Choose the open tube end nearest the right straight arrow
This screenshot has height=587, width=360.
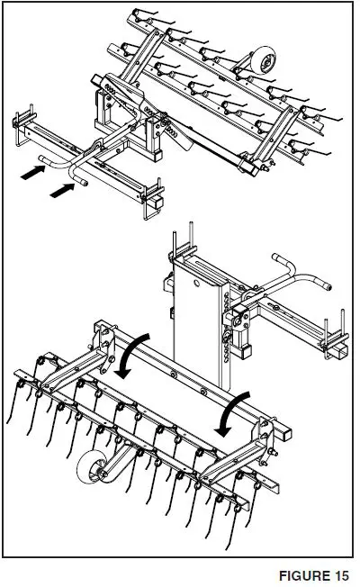tap(82, 184)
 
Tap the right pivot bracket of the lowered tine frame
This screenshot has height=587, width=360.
tap(262, 432)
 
